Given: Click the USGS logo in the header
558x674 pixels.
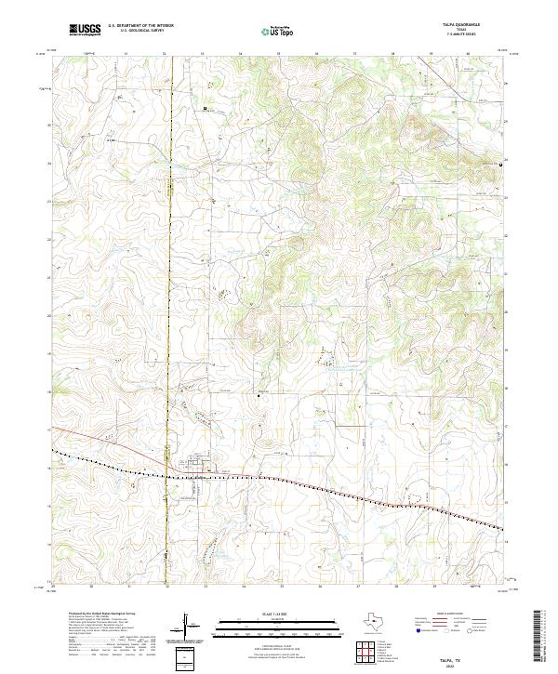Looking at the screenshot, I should [86, 31].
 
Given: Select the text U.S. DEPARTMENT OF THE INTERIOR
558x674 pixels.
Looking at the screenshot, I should [140, 27].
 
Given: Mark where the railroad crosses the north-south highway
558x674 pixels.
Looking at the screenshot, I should [168, 477].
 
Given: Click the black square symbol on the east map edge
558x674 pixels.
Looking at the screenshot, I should [502, 165].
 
